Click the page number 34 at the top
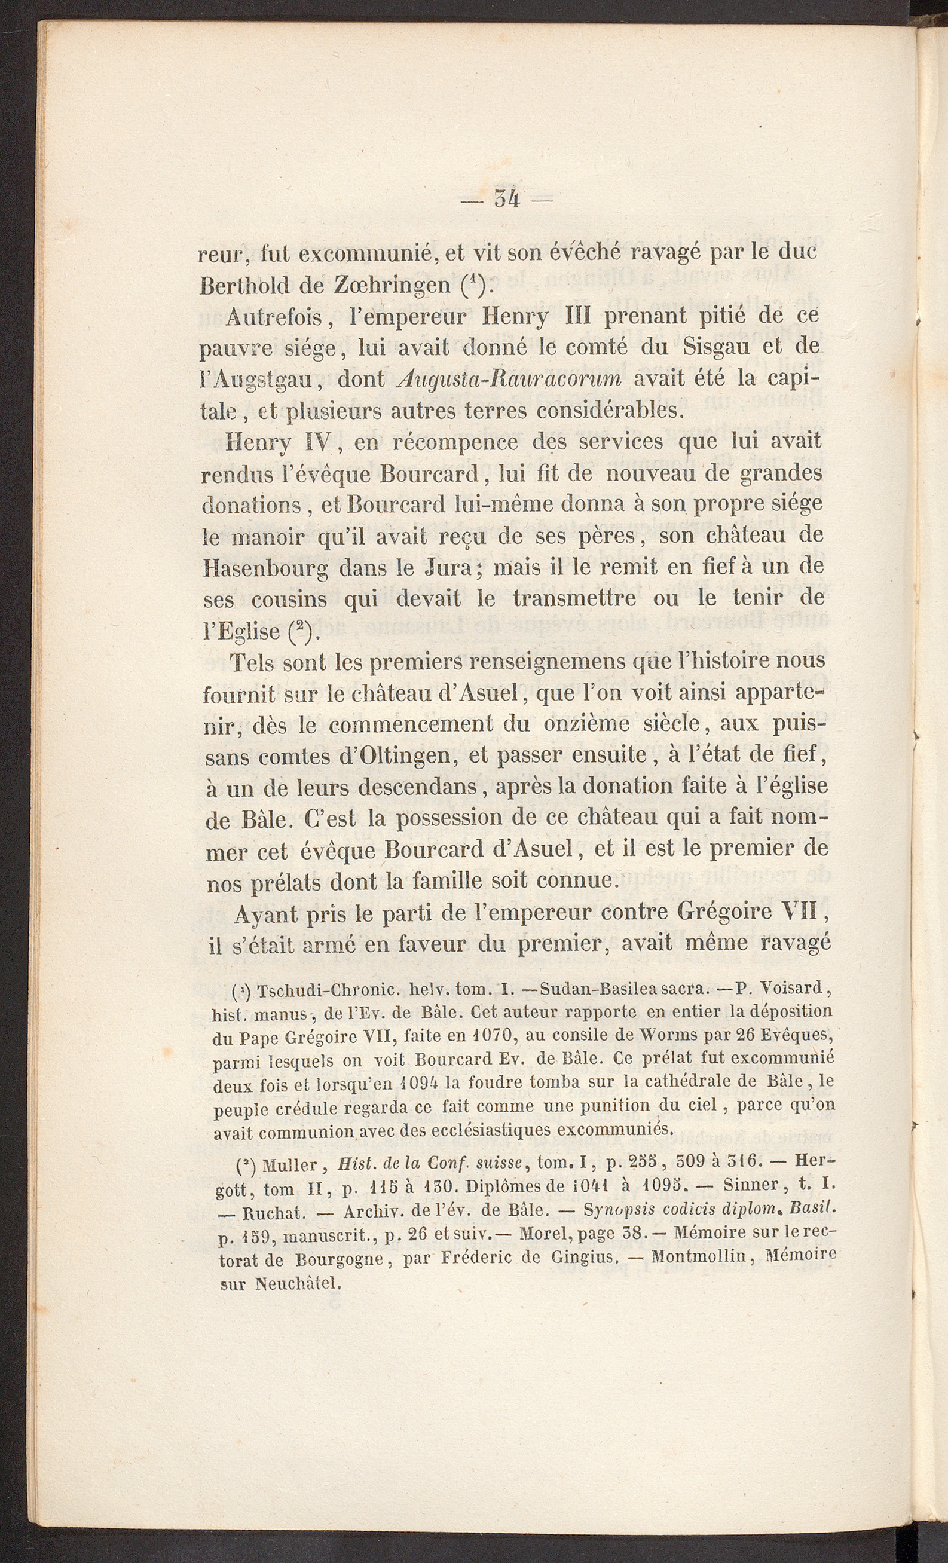point(507,200)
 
